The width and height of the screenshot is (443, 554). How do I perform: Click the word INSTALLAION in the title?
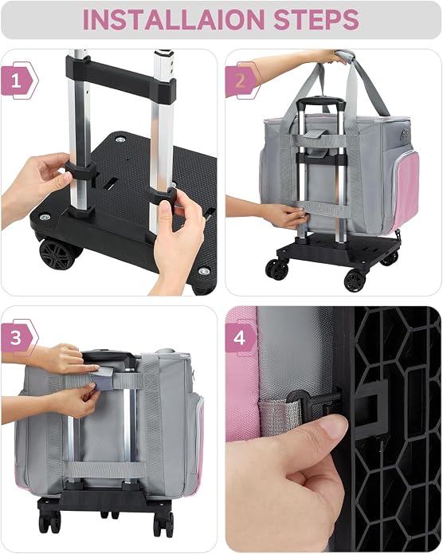(x=174, y=19)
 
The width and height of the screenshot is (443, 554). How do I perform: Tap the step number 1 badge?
(x=18, y=81)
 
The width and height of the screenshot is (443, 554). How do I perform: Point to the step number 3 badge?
(x=18, y=337)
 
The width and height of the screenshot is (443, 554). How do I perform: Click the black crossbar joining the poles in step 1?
(x=120, y=79)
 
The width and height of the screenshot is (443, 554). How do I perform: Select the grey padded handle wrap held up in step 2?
(x=343, y=55)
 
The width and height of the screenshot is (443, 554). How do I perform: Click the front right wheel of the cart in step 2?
(x=355, y=281)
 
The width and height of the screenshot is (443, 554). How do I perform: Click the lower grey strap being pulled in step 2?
(x=324, y=209)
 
